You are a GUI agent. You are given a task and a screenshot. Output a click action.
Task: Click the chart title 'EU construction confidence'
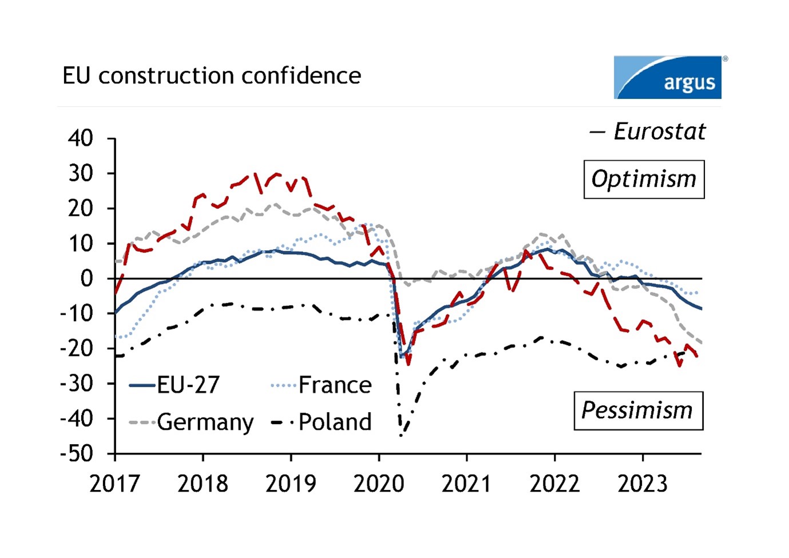click(212, 76)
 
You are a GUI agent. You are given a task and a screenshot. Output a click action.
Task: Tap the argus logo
click(667, 77)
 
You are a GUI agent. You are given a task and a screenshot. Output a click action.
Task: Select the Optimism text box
click(644, 179)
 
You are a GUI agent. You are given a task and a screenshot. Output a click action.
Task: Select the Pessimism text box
click(638, 410)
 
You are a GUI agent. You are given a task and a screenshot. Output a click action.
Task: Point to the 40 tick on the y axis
click(80, 138)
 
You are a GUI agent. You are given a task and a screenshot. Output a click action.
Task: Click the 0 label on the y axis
click(86, 279)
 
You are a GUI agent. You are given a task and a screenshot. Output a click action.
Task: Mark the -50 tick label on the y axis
click(77, 454)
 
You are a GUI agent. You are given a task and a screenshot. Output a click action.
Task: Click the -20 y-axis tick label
click(77, 349)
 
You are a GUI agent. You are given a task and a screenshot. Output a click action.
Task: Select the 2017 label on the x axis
click(114, 484)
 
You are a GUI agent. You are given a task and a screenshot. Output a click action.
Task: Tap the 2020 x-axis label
click(379, 484)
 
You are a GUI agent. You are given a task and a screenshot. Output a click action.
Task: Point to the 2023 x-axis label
click(643, 484)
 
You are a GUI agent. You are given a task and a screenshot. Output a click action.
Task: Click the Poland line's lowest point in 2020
click(401, 436)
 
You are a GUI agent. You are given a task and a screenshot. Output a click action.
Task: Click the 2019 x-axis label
click(291, 484)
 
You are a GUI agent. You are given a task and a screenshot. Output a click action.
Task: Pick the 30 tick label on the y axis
click(80, 173)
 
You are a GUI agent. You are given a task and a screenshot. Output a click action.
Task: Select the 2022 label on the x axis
click(554, 484)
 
